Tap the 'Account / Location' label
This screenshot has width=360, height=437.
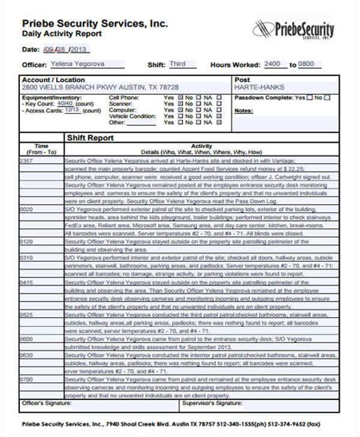[x=47, y=79]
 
